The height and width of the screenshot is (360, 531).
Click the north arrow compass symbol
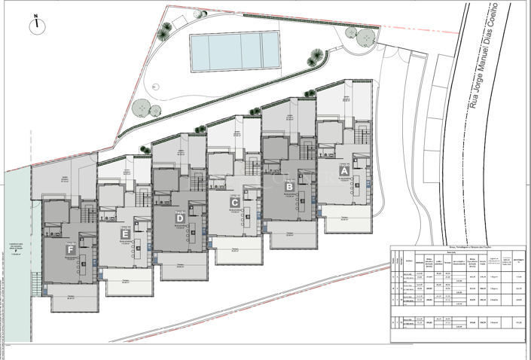pos(35,26)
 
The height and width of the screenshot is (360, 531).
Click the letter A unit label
pos(344,171)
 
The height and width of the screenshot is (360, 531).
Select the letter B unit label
pos(288,188)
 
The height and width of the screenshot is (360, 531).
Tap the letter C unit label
pos(235,203)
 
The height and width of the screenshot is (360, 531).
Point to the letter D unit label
pos(179,218)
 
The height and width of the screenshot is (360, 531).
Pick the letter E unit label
pos(125,234)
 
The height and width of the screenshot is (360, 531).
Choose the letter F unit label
pos(70,249)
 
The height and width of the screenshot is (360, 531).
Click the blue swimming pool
pos(234,49)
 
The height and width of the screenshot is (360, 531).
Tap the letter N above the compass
pos(35,15)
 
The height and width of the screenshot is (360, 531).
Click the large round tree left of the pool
pos(140,108)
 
